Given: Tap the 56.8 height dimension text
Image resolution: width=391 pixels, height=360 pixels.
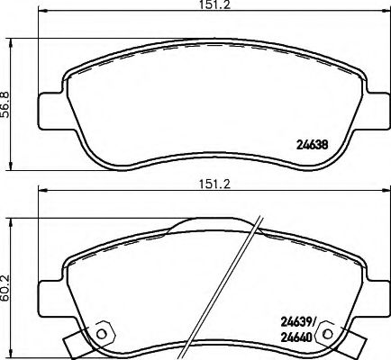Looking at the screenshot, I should tap(10, 103).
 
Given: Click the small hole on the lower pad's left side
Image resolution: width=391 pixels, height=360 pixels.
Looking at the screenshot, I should tap(101, 334).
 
